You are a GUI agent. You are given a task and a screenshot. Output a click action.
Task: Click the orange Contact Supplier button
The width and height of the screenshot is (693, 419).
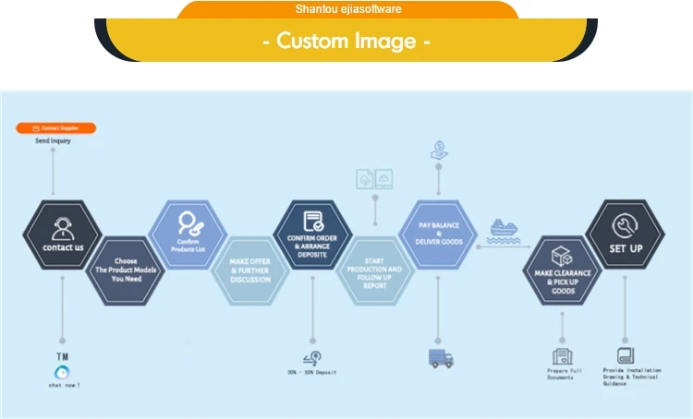point(56,128)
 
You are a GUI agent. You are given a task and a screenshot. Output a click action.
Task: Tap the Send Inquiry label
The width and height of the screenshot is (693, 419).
point(53,141)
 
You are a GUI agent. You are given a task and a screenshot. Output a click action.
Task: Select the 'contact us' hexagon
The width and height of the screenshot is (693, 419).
point(63,234)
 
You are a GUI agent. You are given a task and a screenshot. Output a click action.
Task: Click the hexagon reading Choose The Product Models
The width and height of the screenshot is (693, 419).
point(126,269)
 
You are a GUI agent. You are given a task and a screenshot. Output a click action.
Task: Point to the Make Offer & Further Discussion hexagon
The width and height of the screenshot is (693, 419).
point(250,269)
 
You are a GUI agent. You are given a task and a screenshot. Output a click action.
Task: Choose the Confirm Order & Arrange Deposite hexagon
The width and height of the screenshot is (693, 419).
point(313,234)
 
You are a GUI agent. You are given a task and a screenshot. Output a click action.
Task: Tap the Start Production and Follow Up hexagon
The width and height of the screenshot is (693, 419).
point(374,269)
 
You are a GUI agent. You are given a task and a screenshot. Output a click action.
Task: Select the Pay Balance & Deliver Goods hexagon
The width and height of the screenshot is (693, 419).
point(437,234)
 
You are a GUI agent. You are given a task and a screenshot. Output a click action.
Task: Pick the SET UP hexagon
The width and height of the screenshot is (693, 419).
point(626,234)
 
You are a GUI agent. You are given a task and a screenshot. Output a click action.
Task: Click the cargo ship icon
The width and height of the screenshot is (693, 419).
point(504,231)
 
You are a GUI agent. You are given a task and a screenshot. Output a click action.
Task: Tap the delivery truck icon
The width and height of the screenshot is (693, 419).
point(441,358)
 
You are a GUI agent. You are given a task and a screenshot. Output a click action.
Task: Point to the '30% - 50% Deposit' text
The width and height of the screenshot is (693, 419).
point(311,373)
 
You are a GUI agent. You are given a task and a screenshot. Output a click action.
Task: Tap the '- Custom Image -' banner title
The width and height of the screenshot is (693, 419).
point(346,41)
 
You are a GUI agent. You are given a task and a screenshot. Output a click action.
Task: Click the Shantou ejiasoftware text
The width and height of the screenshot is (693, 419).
point(347,9)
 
